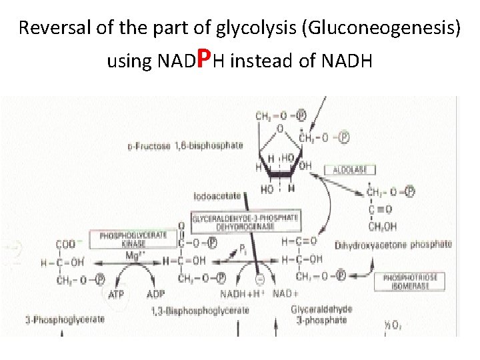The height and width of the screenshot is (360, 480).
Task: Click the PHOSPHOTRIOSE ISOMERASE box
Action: pos(405,281)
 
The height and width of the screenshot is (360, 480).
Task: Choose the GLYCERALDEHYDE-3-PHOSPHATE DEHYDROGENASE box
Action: pos(245,222)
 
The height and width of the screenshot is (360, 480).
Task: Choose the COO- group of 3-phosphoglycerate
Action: pos(67,245)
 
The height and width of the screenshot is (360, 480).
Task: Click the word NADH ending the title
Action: pos(346,62)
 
